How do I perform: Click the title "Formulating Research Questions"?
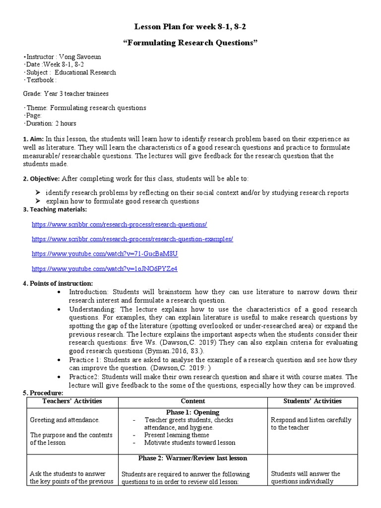tap(190, 43)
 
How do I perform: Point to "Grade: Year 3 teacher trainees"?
tap(65, 93)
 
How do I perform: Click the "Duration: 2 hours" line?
tap(50, 123)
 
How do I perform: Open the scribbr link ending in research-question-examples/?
tap(132, 239)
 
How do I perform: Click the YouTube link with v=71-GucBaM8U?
tap(105, 254)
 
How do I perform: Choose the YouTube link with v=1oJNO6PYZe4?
tap(104, 268)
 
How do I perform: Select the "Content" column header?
tap(193, 401)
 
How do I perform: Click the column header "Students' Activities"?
tap(313, 401)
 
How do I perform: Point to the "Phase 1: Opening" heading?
tap(193, 412)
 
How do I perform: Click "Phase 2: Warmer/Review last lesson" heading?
tap(193, 458)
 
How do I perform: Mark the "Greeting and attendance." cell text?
tap(65, 420)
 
